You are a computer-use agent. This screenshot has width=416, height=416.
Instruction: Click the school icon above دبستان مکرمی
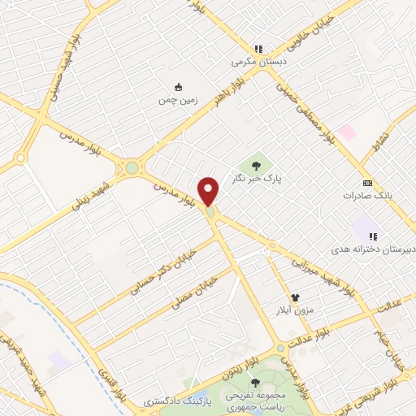[259, 49]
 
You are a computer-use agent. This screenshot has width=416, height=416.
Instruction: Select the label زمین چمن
[178, 101]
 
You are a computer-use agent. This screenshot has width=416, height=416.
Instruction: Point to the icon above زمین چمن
[178, 88]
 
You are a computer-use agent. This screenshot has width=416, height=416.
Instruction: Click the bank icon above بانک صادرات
[367, 183]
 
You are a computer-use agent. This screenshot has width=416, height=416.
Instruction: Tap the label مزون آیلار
[298, 310]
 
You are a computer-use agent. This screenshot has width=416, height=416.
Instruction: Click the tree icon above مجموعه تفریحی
[256, 383]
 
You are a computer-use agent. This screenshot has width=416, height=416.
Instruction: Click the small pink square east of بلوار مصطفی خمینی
[348, 132]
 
